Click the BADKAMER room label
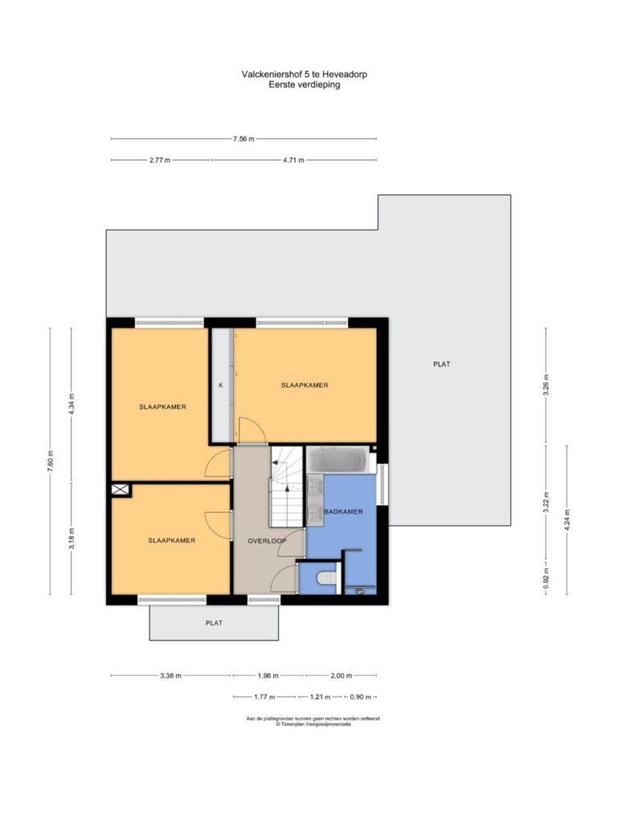click(x=343, y=512)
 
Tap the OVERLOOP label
click(x=267, y=541)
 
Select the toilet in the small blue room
click(x=328, y=579)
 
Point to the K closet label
click(x=221, y=385)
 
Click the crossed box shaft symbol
click(x=121, y=489)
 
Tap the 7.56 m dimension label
click(x=243, y=139)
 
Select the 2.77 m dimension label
click(x=160, y=160)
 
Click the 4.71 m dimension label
click(x=293, y=160)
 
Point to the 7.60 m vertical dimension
click(x=51, y=461)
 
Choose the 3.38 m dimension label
click(x=170, y=676)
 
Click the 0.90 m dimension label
click(x=361, y=697)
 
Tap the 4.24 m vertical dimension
click(x=566, y=520)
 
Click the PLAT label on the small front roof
click(x=214, y=623)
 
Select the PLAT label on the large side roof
click(x=442, y=364)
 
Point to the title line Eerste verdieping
click(x=304, y=84)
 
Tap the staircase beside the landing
click(x=287, y=486)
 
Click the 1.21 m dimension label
click(x=320, y=697)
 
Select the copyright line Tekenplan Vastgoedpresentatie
click(x=314, y=724)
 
